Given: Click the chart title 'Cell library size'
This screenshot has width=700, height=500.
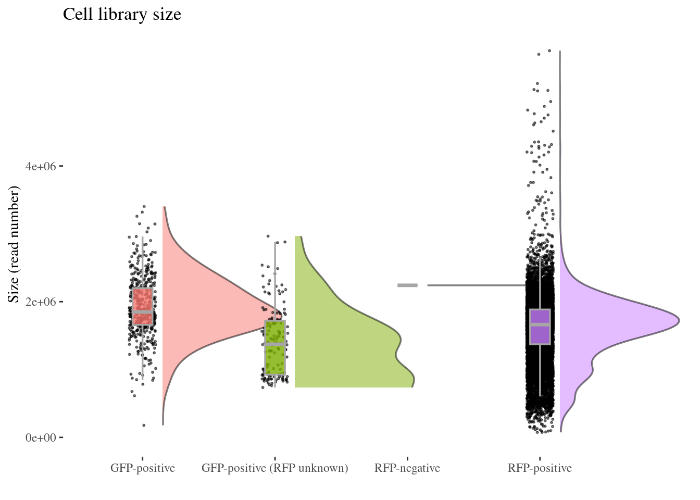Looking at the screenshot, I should pos(122,14).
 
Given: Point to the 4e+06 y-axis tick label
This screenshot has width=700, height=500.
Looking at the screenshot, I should pos(41,167).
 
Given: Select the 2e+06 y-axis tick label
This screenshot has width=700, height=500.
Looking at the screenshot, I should pos(41,302).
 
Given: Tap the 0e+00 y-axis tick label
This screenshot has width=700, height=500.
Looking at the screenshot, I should pos(41,438).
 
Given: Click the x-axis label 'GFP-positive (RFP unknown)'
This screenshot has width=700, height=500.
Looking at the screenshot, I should pos(274,468).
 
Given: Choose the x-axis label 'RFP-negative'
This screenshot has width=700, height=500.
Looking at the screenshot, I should pos(407,468).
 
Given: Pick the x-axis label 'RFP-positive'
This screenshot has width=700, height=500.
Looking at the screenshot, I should pos(540,468).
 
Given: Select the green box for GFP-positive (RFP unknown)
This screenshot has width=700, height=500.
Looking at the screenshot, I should pos(275,359).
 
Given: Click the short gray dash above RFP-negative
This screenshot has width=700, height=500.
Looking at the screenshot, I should pos(407,285).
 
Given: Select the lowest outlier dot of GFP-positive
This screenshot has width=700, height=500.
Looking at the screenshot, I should pos(144,426).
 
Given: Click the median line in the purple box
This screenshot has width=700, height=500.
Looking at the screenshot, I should pos(540,325).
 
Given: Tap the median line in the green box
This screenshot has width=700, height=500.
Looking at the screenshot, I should pos(275,344).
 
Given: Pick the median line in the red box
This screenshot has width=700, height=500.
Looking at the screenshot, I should pos(142,311).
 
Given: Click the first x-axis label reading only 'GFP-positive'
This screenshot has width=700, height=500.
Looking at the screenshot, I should pos(142,468).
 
